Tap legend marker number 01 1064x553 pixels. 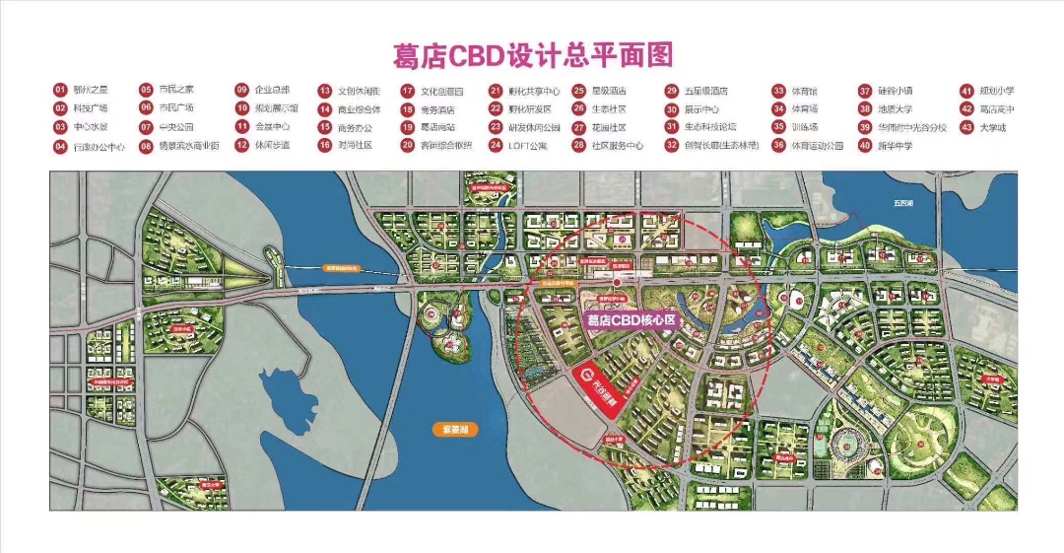point(60,90)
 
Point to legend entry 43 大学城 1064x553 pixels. point(994,127)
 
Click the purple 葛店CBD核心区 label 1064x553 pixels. point(630,320)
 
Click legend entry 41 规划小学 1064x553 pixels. point(995,91)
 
